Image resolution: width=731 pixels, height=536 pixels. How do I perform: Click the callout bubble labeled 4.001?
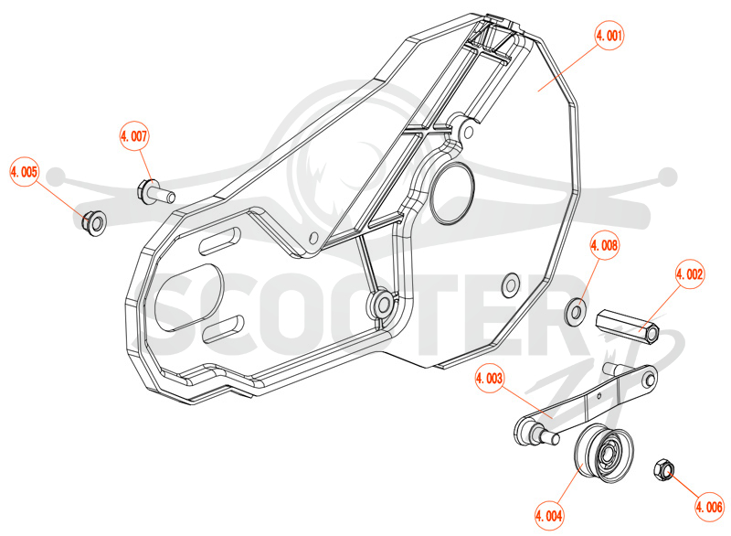tap(609, 36)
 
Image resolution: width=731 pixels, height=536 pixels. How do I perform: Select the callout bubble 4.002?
tap(690, 274)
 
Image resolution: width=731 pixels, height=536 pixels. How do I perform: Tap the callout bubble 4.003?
tap(490, 379)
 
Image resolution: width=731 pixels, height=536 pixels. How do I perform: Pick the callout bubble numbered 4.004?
tap(549, 516)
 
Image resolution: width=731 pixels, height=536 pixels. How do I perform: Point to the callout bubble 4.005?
tap(24, 172)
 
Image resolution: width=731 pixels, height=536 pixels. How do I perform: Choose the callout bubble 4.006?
tap(709, 507)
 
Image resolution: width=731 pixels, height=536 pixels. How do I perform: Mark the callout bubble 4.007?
tap(133, 136)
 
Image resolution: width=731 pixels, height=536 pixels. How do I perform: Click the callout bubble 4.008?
tap(604, 245)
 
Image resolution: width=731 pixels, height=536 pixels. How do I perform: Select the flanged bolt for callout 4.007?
tap(155, 192)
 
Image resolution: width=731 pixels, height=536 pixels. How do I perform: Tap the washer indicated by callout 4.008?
tap(576, 311)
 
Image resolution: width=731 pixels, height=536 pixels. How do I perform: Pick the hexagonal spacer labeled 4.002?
tap(628, 326)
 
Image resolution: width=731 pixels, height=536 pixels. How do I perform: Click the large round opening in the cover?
tap(451, 192)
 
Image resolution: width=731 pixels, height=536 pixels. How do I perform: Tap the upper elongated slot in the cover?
tap(219, 241)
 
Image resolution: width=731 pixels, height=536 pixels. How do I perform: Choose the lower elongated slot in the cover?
tap(224, 328)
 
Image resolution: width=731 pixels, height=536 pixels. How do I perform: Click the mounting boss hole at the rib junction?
tap(384, 305)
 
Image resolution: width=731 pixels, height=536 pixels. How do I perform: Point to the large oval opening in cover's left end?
tap(189, 297)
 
